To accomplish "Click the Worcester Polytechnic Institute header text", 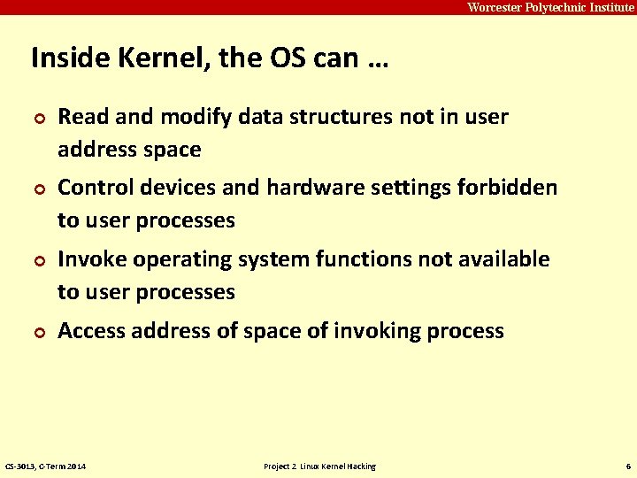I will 550,7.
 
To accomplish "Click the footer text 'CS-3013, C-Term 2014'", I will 46,466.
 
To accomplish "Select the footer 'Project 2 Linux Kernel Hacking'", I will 319,466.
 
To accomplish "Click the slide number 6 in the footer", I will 627,466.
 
